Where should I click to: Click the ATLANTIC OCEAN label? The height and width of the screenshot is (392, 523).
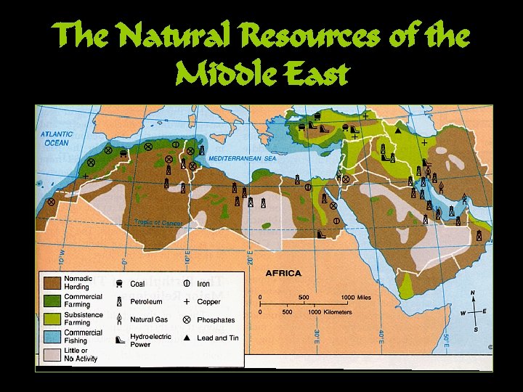pyautogui.click(x=55, y=139)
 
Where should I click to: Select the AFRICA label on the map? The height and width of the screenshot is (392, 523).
pyautogui.click(x=283, y=273)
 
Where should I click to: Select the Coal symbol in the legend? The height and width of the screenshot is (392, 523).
pyautogui.click(x=119, y=284)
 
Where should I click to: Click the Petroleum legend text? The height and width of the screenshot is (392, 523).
pyautogui.click(x=147, y=301)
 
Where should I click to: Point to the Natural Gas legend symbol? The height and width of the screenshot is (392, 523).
pyautogui.click(x=119, y=319)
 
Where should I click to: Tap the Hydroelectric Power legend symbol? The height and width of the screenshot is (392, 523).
pyautogui.click(x=119, y=339)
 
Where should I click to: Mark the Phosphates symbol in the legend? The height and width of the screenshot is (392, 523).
pyautogui.click(x=186, y=319)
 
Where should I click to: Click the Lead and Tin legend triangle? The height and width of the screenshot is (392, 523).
pyautogui.click(x=187, y=338)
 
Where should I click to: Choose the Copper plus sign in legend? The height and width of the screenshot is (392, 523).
pyautogui.click(x=187, y=301)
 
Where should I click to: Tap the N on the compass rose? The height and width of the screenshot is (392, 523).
pyautogui.click(x=473, y=294)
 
